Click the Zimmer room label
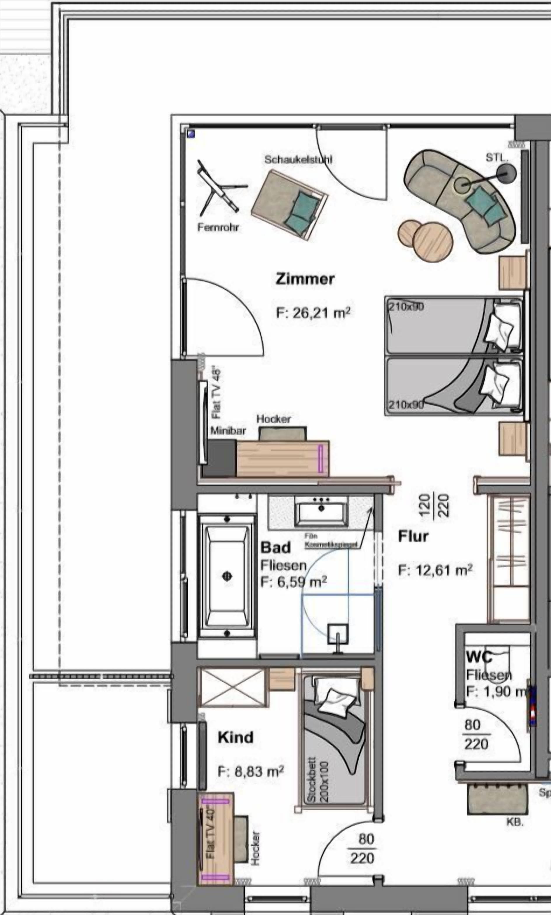pos(305,279)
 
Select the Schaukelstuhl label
pos(298,160)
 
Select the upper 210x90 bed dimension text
pos(406,307)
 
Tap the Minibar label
pos(228,431)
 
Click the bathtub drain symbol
pos(227,576)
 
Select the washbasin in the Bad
pos(322,512)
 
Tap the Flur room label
pos(413,536)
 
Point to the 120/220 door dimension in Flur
pos(434,505)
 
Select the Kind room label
pos(235,737)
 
